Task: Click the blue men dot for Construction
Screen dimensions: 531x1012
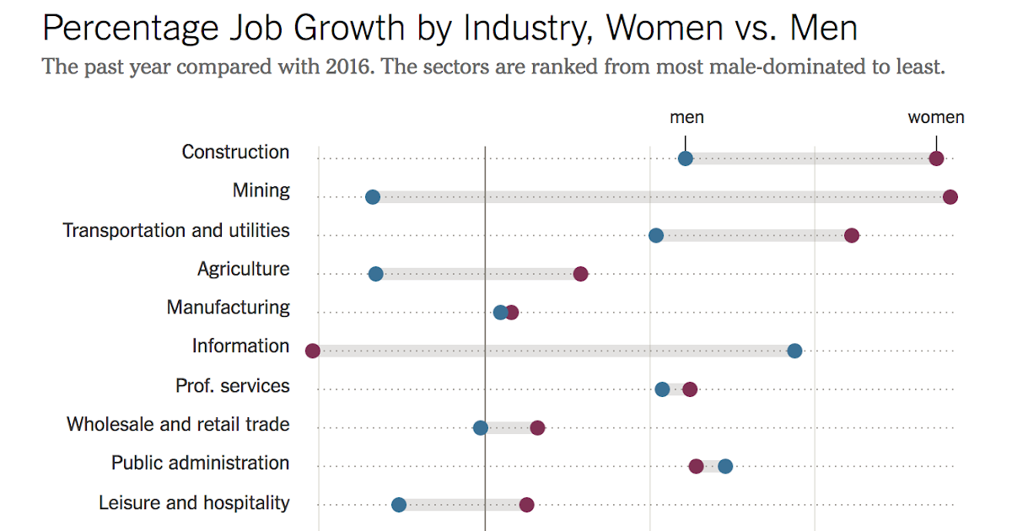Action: click(686, 158)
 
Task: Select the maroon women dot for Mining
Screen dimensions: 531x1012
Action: click(950, 197)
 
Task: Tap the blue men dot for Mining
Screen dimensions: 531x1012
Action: click(373, 197)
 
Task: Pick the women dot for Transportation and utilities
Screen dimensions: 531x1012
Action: click(852, 235)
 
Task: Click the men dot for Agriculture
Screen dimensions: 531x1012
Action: click(376, 274)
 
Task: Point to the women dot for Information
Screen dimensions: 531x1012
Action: click(313, 351)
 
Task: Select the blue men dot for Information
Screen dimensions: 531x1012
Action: click(794, 351)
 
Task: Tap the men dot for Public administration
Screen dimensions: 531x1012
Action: click(725, 466)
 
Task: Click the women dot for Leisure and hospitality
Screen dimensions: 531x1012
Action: click(527, 505)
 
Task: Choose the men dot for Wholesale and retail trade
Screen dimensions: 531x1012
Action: click(481, 428)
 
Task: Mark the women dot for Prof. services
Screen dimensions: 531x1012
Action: click(690, 389)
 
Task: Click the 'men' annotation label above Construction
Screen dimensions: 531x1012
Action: click(686, 118)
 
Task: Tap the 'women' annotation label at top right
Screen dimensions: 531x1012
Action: click(936, 118)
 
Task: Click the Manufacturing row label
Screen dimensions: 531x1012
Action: click(228, 308)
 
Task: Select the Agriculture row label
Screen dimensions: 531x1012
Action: click(243, 269)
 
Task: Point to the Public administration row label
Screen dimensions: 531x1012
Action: click(200, 463)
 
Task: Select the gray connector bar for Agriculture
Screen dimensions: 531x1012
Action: click(478, 274)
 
